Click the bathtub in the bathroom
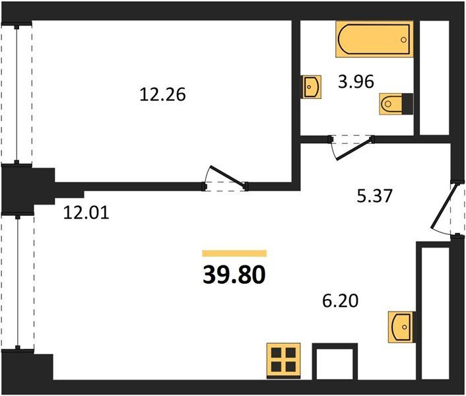click(x=374, y=39)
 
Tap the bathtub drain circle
click(x=403, y=40)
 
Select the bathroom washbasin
click(x=312, y=86)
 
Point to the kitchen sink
click(x=401, y=327)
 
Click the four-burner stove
click(x=284, y=360)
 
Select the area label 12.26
click(x=162, y=95)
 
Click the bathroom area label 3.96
click(x=356, y=82)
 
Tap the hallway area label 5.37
click(x=375, y=196)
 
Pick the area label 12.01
click(x=86, y=213)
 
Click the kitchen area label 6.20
click(x=341, y=301)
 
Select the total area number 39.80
click(x=234, y=275)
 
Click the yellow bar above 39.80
click(x=234, y=253)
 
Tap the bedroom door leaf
click(x=228, y=177)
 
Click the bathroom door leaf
click(x=354, y=148)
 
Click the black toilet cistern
click(x=407, y=104)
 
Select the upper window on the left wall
click(x=17, y=94)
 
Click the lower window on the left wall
click(x=18, y=282)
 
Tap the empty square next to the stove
click(x=335, y=361)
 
